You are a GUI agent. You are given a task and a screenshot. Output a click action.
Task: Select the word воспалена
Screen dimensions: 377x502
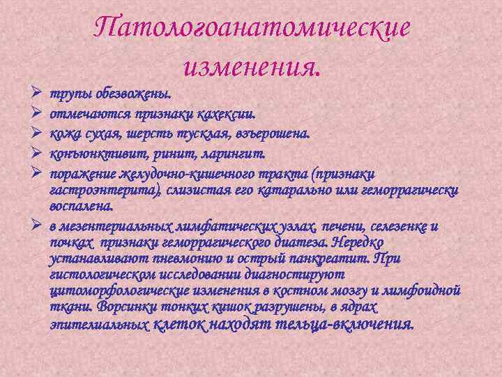point(79,207)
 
